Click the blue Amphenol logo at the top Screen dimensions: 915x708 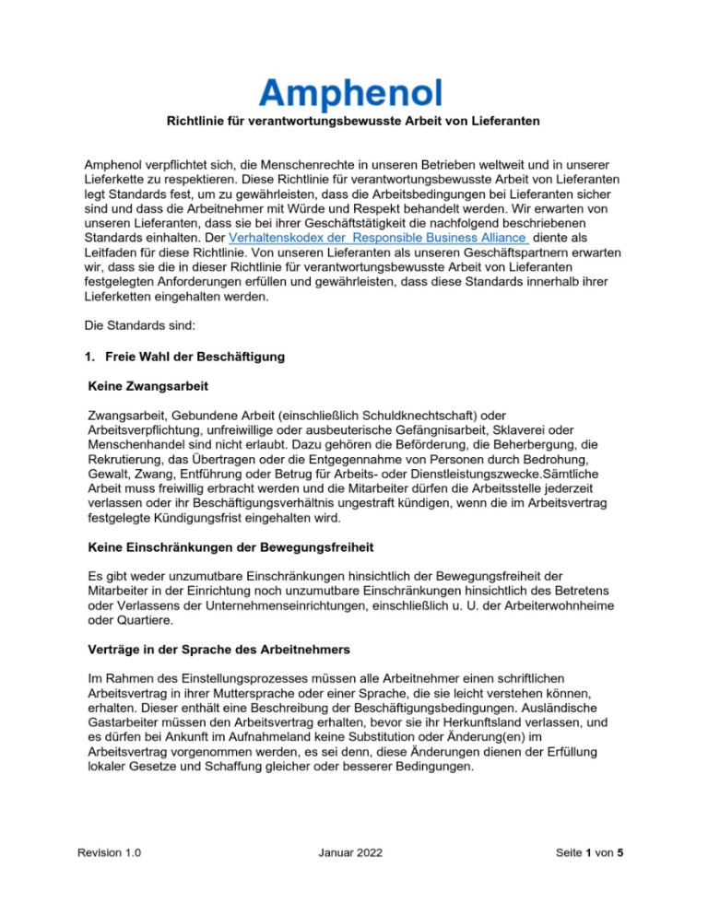coord(351,92)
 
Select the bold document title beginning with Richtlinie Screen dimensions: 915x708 coord(353,122)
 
